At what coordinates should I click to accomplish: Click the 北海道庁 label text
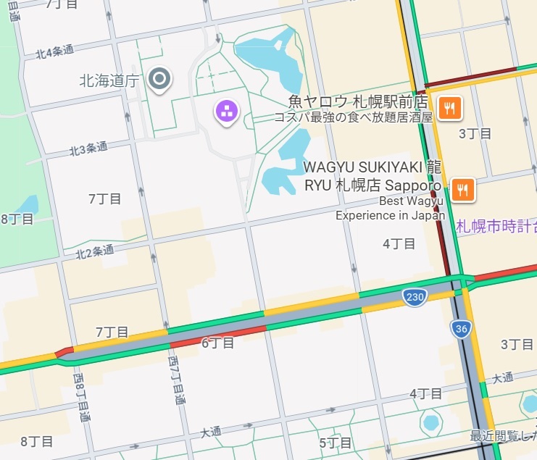(x=109, y=80)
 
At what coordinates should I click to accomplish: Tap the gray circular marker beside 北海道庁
(x=159, y=78)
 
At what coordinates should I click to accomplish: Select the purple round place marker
(x=227, y=111)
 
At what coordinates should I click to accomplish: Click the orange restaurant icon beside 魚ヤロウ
(x=450, y=108)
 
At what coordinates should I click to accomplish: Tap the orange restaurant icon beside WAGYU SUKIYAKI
(x=462, y=190)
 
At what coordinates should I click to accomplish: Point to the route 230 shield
(x=414, y=296)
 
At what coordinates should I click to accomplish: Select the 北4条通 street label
(x=55, y=51)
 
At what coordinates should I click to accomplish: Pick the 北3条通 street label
(x=88, y=149)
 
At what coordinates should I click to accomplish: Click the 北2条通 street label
(x=95, y=251)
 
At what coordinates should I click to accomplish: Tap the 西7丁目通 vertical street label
(x=175, y=380)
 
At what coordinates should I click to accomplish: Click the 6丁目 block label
(x=217, y=343)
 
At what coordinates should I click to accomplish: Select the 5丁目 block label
(x=335, y=443)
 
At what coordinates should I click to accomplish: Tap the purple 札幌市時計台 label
(x=496, y=227)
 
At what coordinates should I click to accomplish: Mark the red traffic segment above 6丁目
(x=217, y=333)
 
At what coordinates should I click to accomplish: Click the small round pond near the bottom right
(x=430, y=422)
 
